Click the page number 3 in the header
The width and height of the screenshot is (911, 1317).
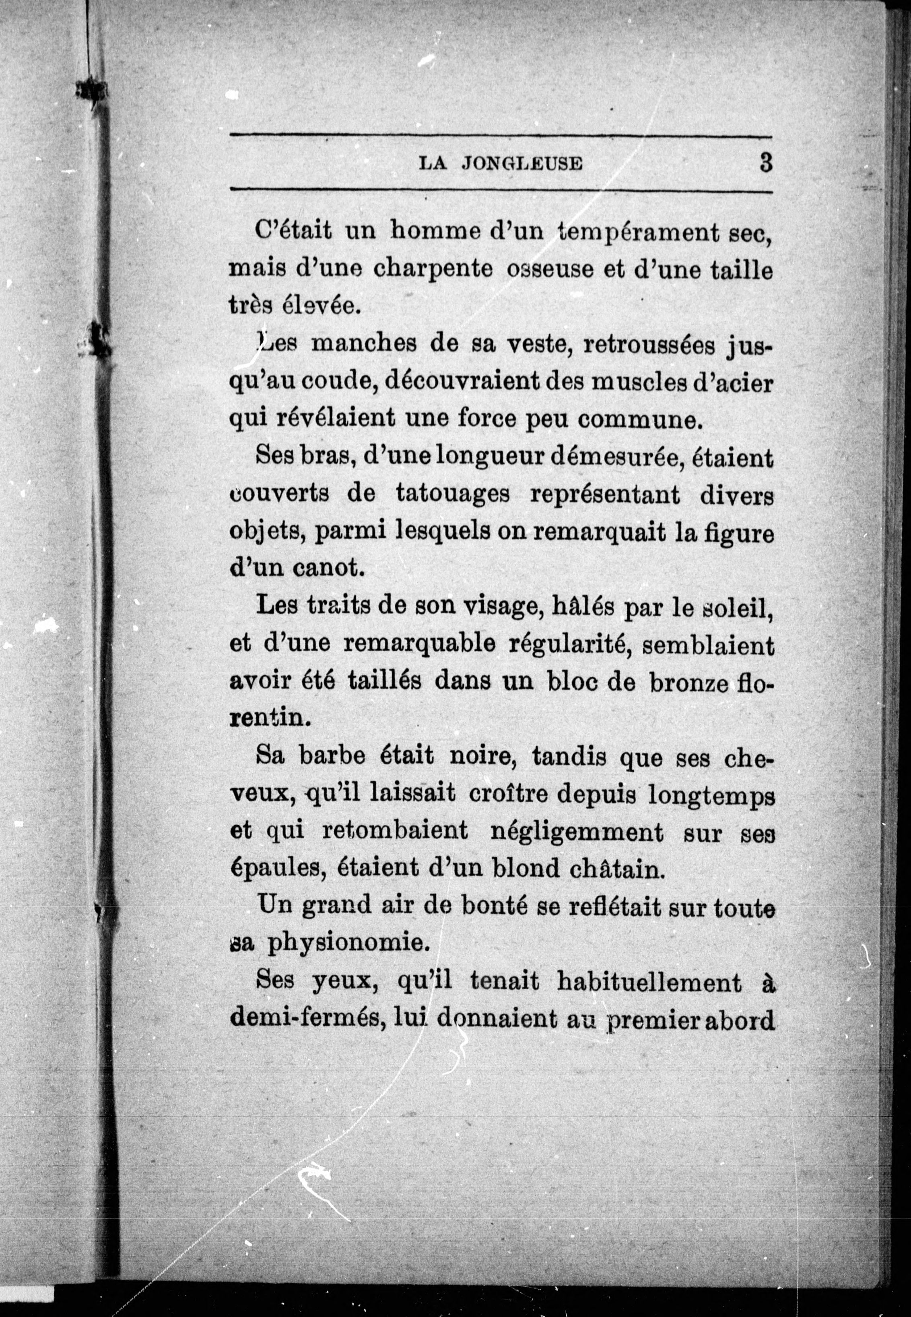tap(765, 163)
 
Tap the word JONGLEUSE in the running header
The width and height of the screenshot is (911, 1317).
tap(522, 164)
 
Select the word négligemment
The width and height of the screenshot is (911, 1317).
tap(577, 831)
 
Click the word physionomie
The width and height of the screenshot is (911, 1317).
tap(348, 943)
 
